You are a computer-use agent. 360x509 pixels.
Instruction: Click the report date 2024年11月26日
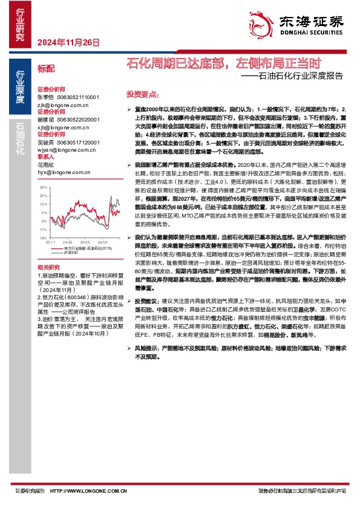tap(68, 42)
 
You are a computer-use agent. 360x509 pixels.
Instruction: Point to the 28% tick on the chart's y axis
tap(44, 188)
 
